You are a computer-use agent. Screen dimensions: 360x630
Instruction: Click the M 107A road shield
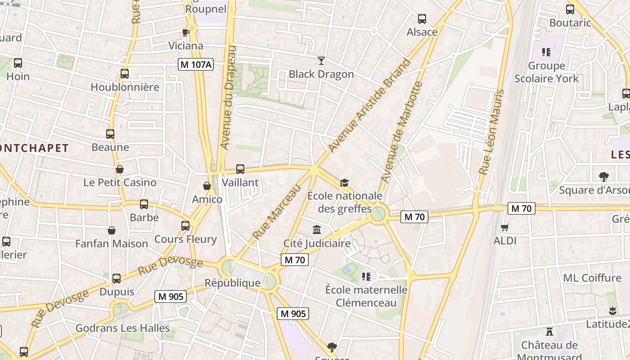click(x=195, y=64)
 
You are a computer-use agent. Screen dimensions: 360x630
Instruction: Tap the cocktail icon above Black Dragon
click(x=321, y=60)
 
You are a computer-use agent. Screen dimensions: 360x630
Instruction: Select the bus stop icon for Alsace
click(x=422, y=19)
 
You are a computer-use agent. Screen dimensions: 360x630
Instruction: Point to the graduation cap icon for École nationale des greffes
click(x=345, y=183)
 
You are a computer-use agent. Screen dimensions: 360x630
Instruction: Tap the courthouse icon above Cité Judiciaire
click(x=317, y=230)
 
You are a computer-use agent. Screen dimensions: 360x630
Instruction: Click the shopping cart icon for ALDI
click(x=505, y=228)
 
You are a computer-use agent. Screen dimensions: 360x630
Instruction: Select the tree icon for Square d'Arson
click(x=604, y=177)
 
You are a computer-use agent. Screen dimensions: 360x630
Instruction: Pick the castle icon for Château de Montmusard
click(x=549, y=332)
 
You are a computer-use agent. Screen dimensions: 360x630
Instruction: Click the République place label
click(x=232, y=283)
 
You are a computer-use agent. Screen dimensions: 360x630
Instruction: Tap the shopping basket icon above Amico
click(x=207, y=186)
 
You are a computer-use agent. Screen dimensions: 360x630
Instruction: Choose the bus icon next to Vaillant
click(x=240, y=169)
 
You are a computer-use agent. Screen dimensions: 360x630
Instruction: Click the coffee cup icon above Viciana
click(x=185, y=32)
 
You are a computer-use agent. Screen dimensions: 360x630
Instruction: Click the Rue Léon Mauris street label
click(x=491, y=132)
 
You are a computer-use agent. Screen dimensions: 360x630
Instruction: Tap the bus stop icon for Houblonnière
click(x=125, y=74)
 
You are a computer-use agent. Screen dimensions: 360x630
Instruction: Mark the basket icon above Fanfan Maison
click(x=112, y=230)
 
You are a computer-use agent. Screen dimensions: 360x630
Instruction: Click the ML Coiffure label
click(x=592, y=278)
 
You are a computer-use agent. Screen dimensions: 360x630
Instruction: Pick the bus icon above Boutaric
click(x=570, y=9)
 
